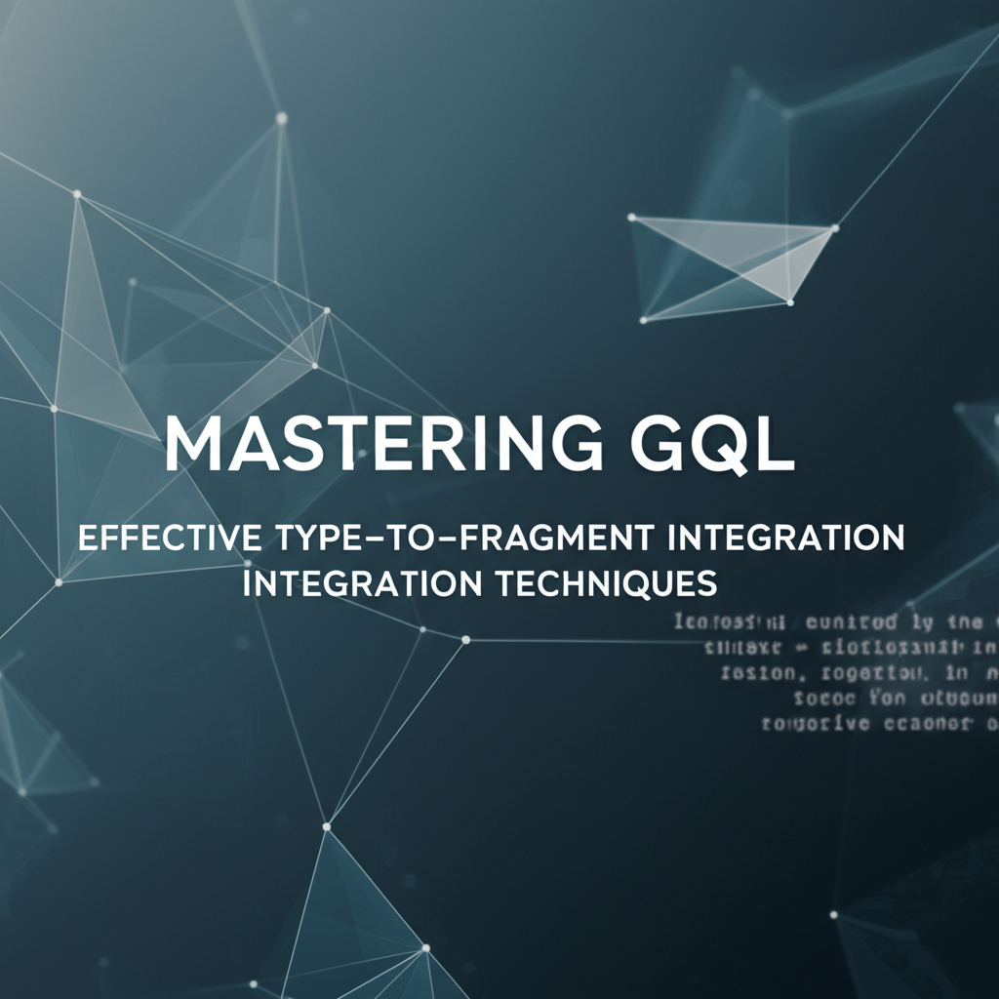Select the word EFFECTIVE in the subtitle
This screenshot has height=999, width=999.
click(x=170, y=539)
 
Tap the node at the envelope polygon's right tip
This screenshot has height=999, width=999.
click(x=834, y=229)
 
